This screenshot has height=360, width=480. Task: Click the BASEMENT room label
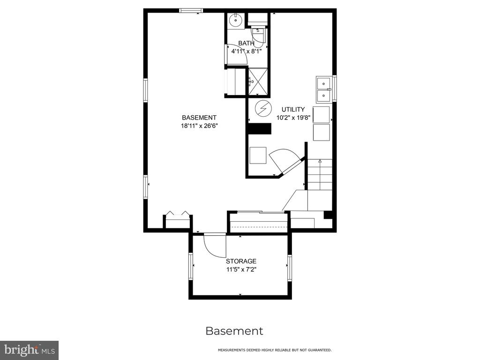[x=199, y=118]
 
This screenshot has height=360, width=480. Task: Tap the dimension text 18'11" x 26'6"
[x=199, y=126]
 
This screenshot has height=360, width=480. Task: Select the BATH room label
[x=246, y=43]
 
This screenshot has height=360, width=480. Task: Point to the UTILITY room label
[x=293, y=109]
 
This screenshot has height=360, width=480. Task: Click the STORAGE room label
[x=241, y=261]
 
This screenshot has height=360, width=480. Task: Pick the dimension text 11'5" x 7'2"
[x=241, y=270]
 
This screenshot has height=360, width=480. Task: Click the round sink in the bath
[x=236, y=21]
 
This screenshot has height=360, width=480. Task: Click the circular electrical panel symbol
[x=263, y=108]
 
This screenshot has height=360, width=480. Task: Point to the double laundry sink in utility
[x=323, y=89]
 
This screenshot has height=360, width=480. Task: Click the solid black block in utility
[x=259, y=128]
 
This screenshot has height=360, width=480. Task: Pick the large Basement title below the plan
[x=234, y=331]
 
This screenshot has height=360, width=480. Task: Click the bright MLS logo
[x=29, y=350]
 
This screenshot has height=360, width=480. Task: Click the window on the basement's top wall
[x=191, y=11]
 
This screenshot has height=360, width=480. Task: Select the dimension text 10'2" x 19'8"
[x=293, y=117]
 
